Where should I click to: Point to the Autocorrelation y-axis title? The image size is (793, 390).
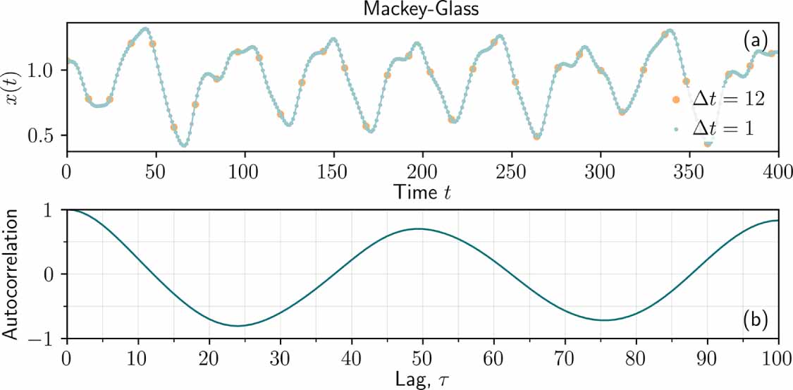tap(13, 274)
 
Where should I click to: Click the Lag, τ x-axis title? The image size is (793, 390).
tap(422, 379)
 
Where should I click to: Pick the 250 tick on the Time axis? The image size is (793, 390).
tap(512, 171)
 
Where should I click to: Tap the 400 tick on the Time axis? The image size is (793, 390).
tap(778, 171)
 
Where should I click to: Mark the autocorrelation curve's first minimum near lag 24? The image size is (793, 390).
tap(238, 326)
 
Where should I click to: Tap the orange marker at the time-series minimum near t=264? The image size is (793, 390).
tap(536, 136)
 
